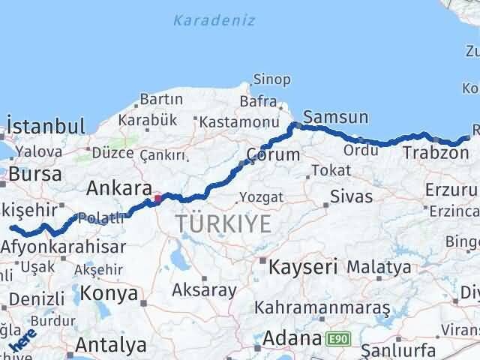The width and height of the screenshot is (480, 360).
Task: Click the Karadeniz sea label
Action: coord(214,20)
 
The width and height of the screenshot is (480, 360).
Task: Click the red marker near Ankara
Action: coord(157,199)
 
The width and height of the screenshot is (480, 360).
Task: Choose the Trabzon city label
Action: coord(430,152)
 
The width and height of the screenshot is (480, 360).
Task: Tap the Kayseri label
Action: coord(304,266)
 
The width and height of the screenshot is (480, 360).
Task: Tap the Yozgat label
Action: coord(261,198)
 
